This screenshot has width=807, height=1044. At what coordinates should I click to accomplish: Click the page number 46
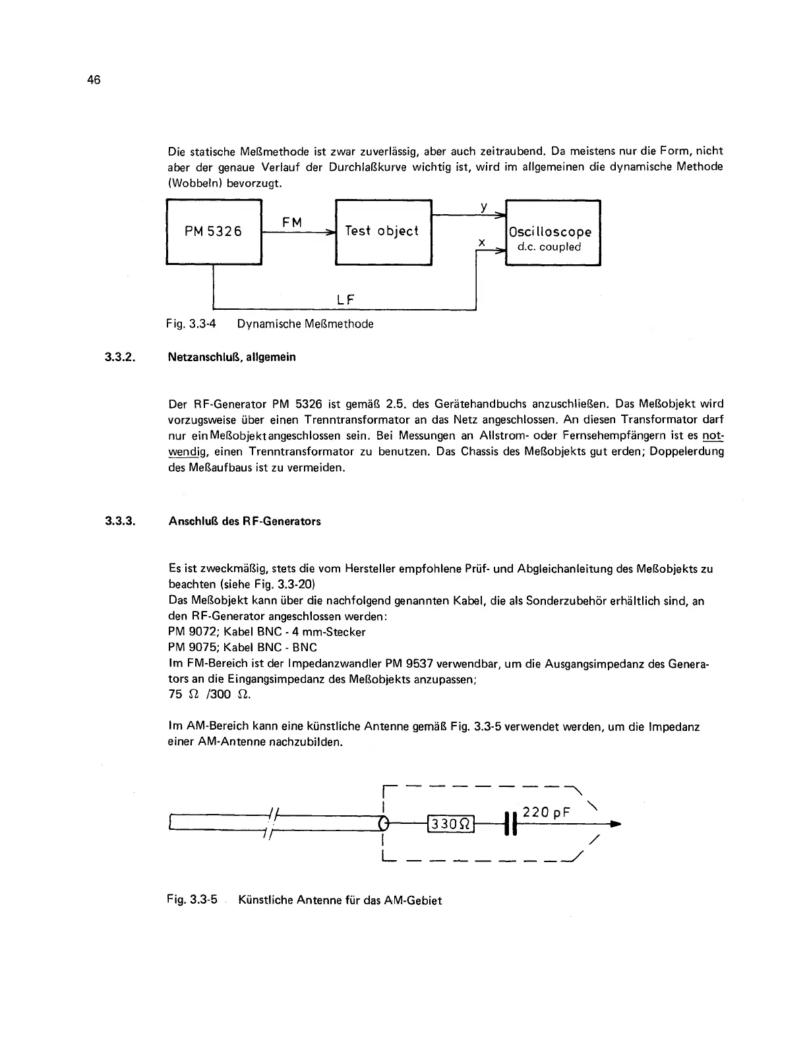point(93,80)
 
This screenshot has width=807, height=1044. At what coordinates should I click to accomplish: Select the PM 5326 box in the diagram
point(214,231)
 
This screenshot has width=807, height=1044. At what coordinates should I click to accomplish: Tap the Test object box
point(383,231)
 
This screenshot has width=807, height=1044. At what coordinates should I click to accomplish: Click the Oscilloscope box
point(553,233)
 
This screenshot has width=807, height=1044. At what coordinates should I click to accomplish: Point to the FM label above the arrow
point(292,223)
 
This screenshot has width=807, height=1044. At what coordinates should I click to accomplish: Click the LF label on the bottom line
point(345,300)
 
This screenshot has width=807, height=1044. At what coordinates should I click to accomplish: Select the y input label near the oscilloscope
point(484,206)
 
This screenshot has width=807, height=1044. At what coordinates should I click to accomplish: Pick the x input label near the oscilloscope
point(482,243)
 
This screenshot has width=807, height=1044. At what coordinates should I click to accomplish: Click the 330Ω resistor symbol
point(452,824)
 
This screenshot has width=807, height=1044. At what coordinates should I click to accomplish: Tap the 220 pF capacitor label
point(546,813)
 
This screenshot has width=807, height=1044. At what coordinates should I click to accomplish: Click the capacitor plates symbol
point(508,824)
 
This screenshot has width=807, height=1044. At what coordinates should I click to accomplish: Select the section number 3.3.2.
point(120,357)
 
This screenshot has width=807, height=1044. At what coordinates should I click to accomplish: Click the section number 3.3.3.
point(120,521)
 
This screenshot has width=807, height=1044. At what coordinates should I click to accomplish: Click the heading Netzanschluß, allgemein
point(232,357)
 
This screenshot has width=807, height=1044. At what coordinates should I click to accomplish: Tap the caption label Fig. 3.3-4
point(192,324)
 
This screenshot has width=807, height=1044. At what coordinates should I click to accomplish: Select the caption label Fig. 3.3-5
point(192,900)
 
